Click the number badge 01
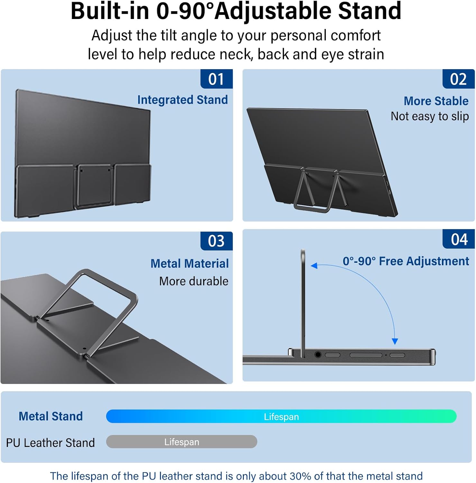[x=216, y=79]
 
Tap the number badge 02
[x=458, y=79]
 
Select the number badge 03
[x=216, y=241]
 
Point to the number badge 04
[x=459, y=239]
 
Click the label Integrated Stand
[x=182, y=100]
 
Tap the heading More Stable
[x=436, y=101]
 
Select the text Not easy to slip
[x=430, y=116]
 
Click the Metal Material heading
[x=189, y=264]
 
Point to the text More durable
[x=194, y=281]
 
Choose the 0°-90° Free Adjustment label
[x=406, y=261]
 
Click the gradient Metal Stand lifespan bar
[x=281, y=416]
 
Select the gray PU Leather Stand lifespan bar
[x=182, y=441]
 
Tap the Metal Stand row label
[x=50, y=416]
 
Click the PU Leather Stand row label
[x=50, y=443]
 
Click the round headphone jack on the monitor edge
[x=318, y=355]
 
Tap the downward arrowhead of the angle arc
[x=395, y=342]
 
